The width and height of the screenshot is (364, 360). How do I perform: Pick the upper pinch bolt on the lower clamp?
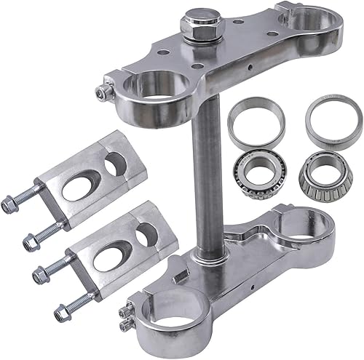coord(122,307)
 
